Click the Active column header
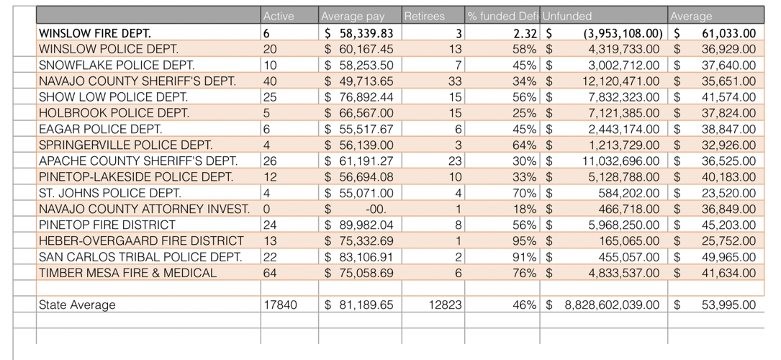coord(279,16)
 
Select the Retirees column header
coord(425,16)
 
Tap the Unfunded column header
coord(567,16)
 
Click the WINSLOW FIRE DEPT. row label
coord(95,33)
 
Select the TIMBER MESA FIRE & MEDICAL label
coord(127,273)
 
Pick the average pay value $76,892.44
coord(358,97)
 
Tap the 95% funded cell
coord(524,240)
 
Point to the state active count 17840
coord(280,305)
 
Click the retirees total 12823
coord(445,305)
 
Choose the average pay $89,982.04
coord(358,225)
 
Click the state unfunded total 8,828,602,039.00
coord(611,305)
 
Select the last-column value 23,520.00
coord(728,193)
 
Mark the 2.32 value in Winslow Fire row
coord(526,33)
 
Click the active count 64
coord(270,273)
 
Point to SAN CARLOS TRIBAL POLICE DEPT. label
coord(140,257)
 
